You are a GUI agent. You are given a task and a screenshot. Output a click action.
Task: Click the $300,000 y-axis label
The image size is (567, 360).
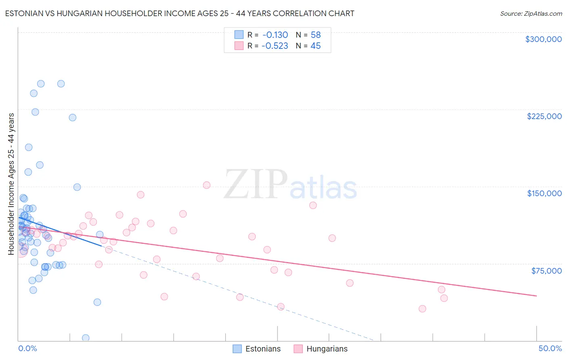543,39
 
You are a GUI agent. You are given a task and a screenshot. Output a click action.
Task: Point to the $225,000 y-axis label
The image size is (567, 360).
544,116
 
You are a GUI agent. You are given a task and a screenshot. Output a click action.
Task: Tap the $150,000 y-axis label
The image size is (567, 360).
544,193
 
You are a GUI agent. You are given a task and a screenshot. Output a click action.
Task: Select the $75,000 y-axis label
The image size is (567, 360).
546,271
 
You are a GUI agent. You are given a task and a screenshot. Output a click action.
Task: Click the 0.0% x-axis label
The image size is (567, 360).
27,348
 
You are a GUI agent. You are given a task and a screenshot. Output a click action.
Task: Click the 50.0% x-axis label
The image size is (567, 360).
550,348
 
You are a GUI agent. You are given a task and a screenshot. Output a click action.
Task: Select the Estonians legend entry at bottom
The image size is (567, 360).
256,349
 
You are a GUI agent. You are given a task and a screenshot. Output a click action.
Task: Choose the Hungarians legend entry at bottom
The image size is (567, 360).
320,349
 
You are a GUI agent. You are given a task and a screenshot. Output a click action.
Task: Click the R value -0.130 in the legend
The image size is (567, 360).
275,35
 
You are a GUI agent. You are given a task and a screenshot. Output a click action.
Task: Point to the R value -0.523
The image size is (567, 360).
275,46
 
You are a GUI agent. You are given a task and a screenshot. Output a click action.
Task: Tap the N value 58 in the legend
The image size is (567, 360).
315,35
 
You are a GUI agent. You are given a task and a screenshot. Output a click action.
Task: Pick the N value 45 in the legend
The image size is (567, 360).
315,46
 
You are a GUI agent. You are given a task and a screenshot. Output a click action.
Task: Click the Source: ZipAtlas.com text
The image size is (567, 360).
531,13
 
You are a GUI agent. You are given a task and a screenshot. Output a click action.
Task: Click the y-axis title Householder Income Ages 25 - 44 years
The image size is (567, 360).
11,184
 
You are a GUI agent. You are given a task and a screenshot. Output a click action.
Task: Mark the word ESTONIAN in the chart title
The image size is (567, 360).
24,13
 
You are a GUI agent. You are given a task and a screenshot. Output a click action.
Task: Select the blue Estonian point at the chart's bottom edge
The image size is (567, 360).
85,338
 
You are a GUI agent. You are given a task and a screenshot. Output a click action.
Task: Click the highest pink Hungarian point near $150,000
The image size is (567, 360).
206,185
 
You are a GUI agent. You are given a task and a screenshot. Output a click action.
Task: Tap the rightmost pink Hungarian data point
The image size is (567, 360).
444,298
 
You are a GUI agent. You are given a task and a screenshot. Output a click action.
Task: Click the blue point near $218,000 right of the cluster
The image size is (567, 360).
73,117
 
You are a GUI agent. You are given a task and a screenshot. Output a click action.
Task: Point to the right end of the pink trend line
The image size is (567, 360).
536,296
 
